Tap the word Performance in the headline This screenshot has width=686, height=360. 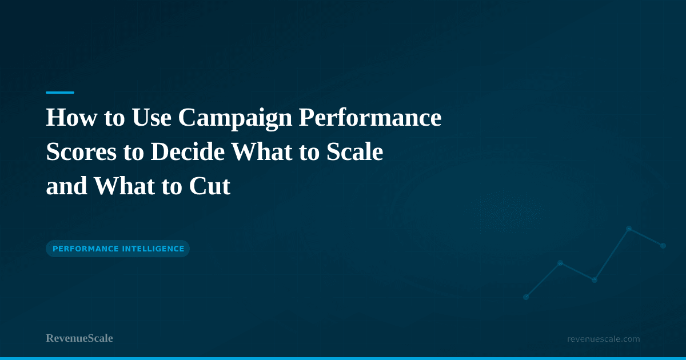pyautogui.click(x=370, y=117)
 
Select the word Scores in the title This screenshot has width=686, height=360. pyautogui.click(x=81, y=151)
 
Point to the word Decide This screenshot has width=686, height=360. pyautogui.click(x=188, y=151)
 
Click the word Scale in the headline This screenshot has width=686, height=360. pyautogui.click(x=354, y=151)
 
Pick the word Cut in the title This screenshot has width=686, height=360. pyautogui.click(x=210, y=186)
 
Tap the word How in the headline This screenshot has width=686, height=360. pyautogui.click(x=71, y=117)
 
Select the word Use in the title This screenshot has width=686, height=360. pyautogui.click(x=151, y=117)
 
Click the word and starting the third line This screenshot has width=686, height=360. pyautogui.click(x=66, y=186)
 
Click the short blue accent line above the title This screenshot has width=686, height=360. pyautogui.click(x=60, y=93)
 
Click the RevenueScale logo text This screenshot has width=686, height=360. pyautogui.click(x=79, y=338)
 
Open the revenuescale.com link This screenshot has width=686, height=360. pyautogui.click(x=603, y=339)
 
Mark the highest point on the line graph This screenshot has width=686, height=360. pyautogui.click(x=629, y=229)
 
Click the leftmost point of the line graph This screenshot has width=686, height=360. pyautogui.click(x=526, y=297)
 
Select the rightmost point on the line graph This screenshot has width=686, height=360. pyautogui.click(x=663, y=246)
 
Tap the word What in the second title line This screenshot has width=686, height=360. pyautogui.click(x=262, y=151)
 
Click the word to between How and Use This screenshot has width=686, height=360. pyautogui.click(x=114, y=118)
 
